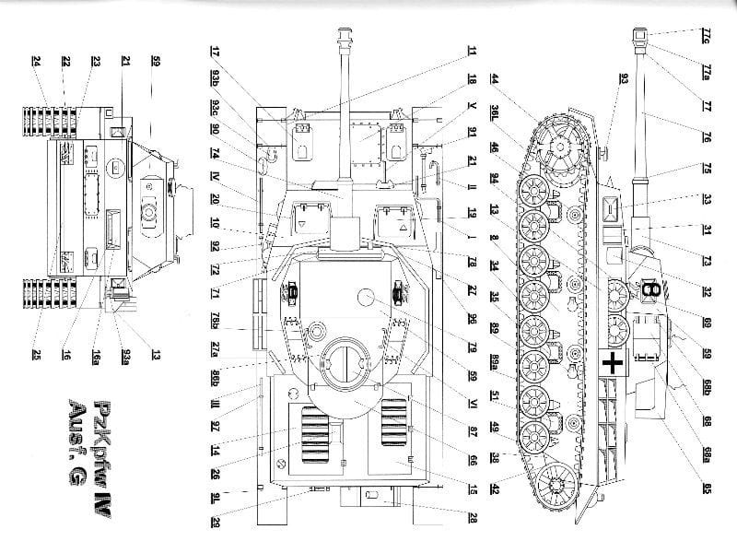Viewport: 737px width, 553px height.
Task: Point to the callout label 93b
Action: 214,76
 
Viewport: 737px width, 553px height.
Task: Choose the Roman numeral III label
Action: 214,403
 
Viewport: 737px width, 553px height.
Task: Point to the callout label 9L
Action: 214,498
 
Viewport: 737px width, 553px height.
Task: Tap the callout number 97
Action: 214,427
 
